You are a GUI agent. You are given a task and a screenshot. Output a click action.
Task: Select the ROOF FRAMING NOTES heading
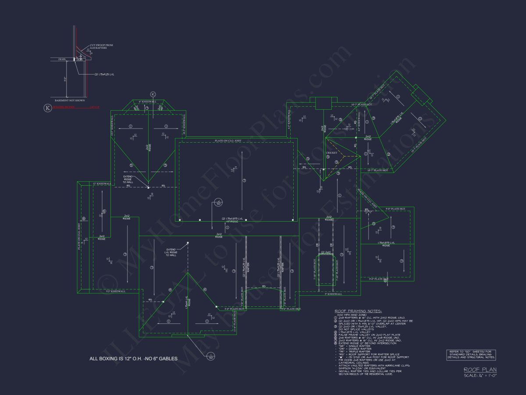(x=358, y=311)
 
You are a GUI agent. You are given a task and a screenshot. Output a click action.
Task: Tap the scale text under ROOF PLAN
(x=480, y=375)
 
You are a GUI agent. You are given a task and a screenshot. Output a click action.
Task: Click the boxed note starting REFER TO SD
(x=471, y=355)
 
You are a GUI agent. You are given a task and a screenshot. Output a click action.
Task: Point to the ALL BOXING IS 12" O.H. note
(x=133, y=359)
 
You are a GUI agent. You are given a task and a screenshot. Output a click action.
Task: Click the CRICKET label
(x=331, y=153)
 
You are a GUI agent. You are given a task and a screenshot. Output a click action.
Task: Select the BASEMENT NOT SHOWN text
(x=67, y=101)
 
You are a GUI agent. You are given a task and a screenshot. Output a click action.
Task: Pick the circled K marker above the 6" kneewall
(x=153, y=94)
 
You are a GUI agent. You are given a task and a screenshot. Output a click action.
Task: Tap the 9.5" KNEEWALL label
(x=115, y=291)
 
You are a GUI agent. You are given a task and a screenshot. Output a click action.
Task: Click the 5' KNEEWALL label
(x=333, y=294)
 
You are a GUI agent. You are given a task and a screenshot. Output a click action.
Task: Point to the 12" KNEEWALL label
(x=102, y=183)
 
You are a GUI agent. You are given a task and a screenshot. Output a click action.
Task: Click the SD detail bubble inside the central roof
(x=218, y=203)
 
